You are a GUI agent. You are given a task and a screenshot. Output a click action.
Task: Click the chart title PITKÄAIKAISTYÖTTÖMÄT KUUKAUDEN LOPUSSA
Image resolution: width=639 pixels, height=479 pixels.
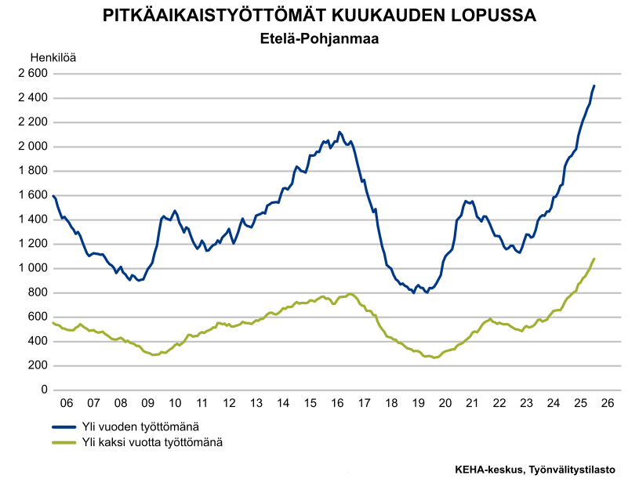[319, 16]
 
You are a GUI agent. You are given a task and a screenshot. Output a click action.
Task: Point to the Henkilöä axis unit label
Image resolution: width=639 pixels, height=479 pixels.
[53, 57]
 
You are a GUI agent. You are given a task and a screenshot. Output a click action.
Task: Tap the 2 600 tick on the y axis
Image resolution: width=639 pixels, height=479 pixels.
[33, 74]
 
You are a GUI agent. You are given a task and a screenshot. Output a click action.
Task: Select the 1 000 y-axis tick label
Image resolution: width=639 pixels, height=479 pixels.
[33, 268]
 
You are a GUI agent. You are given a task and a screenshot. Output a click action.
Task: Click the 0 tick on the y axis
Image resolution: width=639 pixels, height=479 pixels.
[44, 390]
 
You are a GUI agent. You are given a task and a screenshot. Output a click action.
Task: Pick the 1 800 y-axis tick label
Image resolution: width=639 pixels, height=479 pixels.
[33, 171]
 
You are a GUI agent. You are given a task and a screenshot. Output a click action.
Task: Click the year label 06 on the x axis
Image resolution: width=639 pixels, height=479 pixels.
[67, 403]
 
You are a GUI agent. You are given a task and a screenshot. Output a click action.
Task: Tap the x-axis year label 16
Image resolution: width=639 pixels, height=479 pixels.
[337, 403]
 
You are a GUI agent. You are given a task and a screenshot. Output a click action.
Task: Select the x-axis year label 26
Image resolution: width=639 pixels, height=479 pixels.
[608, 403]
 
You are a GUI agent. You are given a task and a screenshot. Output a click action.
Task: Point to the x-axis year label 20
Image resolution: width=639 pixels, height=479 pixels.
[445, 403]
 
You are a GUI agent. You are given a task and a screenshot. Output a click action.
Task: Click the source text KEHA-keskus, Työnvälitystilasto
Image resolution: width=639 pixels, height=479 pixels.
[535, 469]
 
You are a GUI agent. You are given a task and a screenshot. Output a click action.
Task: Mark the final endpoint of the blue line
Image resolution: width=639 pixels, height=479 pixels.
[594, 85]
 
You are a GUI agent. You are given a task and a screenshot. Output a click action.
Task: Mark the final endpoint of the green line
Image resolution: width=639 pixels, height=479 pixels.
[594, 259]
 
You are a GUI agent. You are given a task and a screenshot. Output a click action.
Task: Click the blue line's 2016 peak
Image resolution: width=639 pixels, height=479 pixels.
[339, 132]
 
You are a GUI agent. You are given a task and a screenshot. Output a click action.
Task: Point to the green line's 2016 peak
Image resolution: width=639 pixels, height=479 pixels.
[350, 294]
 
